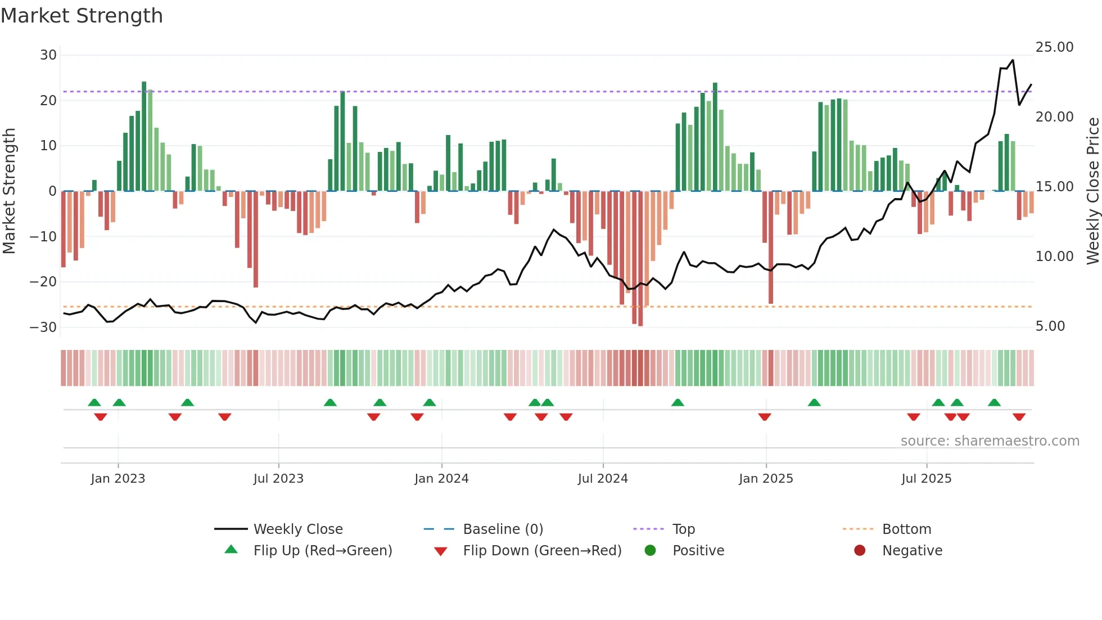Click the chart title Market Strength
[82, 16]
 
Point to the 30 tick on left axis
[48, 55]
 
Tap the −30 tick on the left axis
[44, 327]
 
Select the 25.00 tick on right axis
[1054, 47]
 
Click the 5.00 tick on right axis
[1050, 326]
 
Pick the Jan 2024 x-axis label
[441, 479]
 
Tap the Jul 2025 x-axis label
[926, 479]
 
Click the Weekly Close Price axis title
[1092, 191]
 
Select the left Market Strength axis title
[9, 191]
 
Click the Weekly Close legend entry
[297, 529]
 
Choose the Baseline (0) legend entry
[503, 529]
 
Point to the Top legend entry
[683, 529]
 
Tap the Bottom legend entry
[906, 529]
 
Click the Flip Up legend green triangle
[231, 550]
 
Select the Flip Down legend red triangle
[441, 551]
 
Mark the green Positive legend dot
[650, 550]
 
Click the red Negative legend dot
[860, 550]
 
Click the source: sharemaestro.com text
[990, 441]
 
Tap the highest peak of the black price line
[1013, 60]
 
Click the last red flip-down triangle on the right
[1019, 417]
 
